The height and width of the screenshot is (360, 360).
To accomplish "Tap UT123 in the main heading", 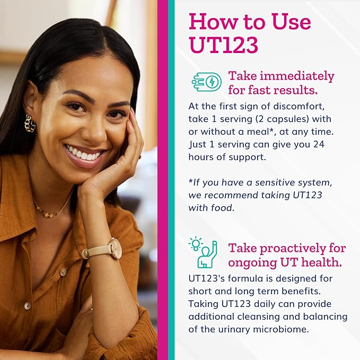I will click(x=223, y=46).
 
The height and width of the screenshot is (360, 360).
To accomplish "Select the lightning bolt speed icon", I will click(x=206, y=82).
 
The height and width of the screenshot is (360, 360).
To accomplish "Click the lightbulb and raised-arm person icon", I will click(x=204, y=252).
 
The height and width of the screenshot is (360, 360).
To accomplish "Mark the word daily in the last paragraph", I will click(x=260, y=304).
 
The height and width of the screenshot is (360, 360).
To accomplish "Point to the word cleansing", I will click(x=250, y=317).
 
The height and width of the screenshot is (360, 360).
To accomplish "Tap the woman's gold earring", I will click(x=30, y=123).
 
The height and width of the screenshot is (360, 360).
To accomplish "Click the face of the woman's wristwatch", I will click(x=115, y=248).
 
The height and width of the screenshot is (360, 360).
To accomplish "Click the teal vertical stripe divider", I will click(x=171, y=180).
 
